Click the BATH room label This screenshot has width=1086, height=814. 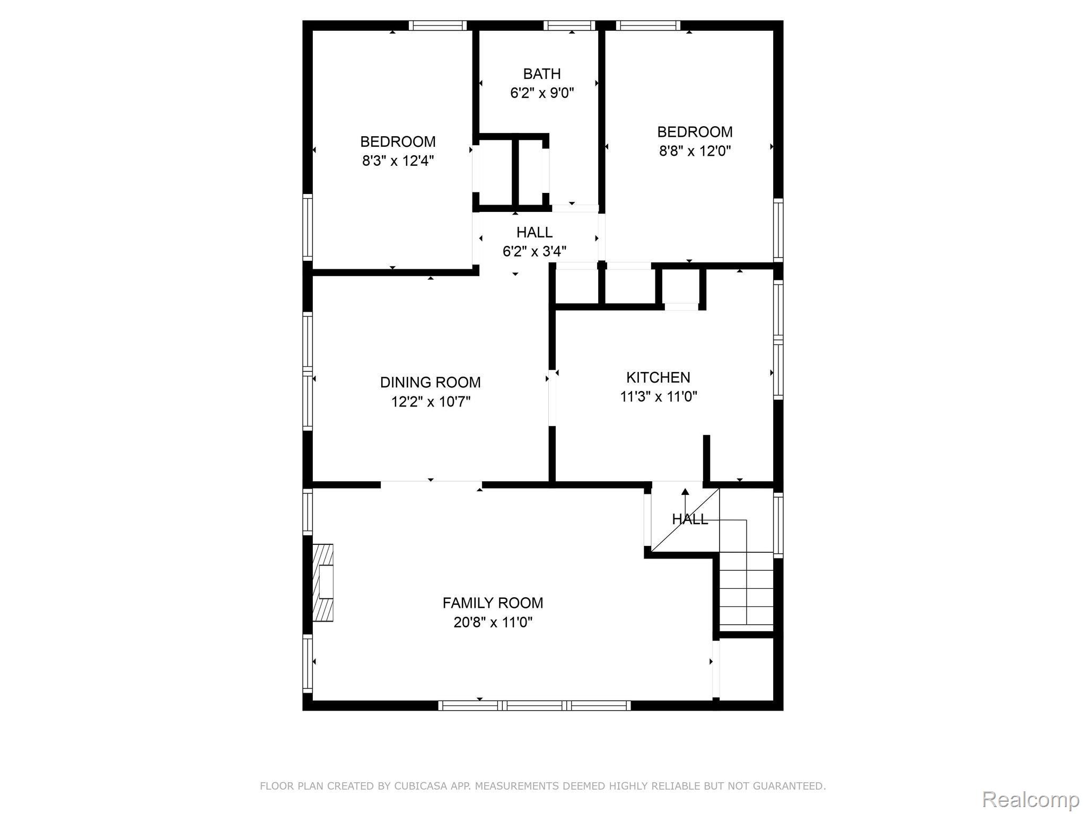[x=542, y=74]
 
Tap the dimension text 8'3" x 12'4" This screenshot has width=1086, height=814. [x=398, y=161]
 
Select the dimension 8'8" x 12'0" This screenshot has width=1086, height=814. [x=695, y=151]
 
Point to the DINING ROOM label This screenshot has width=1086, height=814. [x=431, y=382]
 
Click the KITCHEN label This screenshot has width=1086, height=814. [x=659, y=377]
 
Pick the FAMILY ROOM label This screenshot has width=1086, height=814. [x=493, y=603]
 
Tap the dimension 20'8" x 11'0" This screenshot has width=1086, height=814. [x=493, y=622]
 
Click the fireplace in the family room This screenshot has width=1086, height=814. [x=323, y=582]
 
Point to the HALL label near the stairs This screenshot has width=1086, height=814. [x=690, y=519]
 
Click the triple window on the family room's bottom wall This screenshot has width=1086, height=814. [x=535, y=705]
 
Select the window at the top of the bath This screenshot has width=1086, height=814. [x=570, y=25]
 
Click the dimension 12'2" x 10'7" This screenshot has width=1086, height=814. [x=431, y=402]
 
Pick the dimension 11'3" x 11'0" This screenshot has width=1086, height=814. [x=659, y=397]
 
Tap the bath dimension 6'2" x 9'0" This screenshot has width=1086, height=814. [x=542, y=93]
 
